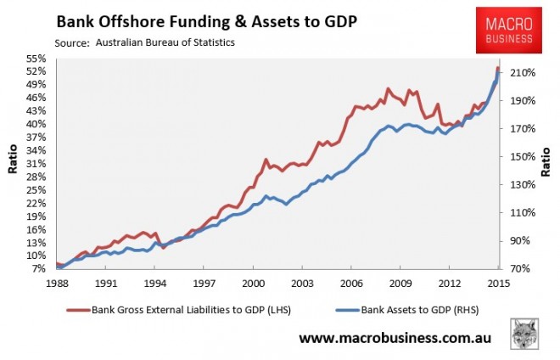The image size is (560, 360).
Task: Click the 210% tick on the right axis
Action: coord(520,73)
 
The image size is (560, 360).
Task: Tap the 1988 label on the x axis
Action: coord(57,282)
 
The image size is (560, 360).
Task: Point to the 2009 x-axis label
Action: coord(401,282)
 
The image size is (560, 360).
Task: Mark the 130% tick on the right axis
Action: coord(520,184)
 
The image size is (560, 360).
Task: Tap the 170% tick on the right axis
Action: coord(520,129)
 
